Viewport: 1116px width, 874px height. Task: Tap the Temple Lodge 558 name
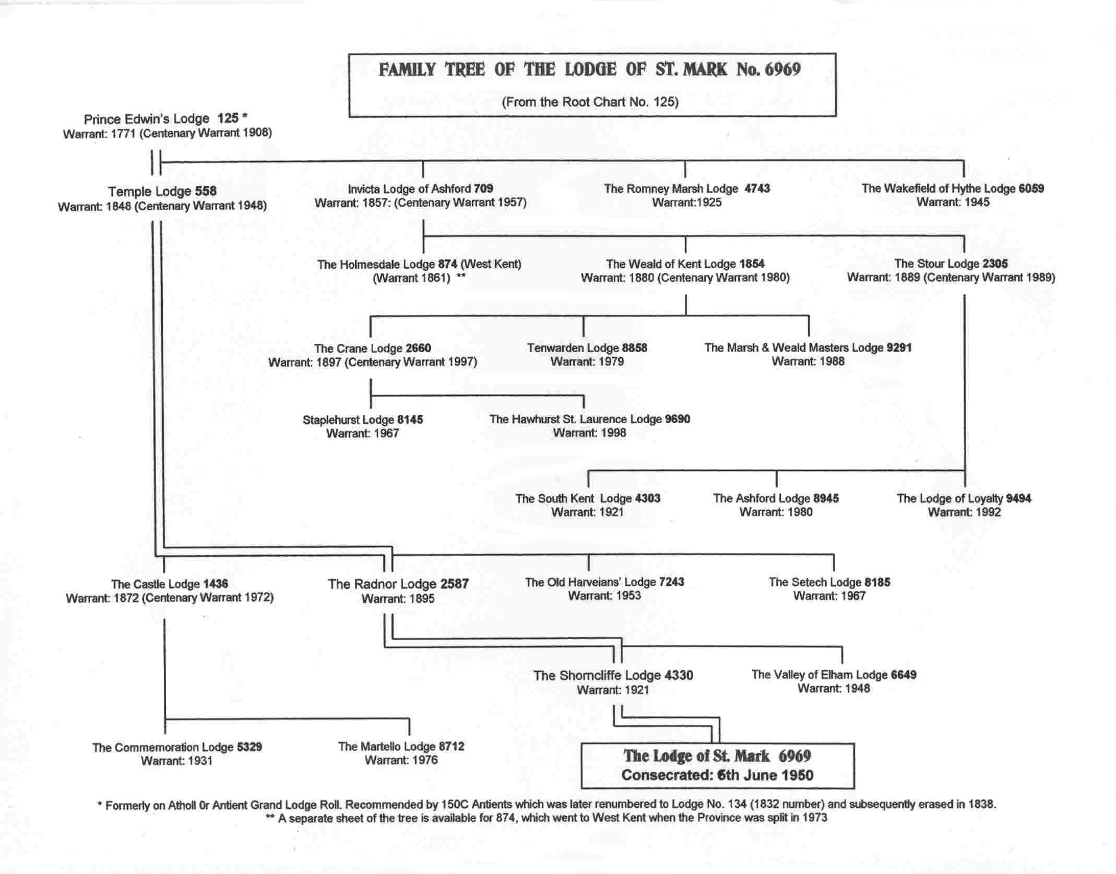pos(162,191)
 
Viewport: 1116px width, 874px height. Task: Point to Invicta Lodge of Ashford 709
pos(420,189)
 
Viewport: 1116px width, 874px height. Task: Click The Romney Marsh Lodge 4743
pos(687,189)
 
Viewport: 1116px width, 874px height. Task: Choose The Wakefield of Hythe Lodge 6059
pos(953,189)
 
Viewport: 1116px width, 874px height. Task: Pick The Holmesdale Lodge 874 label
pos(419,265)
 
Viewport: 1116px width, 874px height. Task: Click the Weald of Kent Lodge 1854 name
pos(685,264)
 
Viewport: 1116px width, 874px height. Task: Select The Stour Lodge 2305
pos(951,264)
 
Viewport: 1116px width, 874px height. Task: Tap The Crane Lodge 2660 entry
pos(372,349)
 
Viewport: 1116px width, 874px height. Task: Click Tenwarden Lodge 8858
pos(587,348)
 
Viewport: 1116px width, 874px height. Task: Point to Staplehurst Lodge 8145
pos(363,420)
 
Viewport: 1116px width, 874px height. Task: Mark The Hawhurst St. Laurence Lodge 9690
pos(590,420)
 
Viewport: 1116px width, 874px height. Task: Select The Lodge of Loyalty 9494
pos(964,499)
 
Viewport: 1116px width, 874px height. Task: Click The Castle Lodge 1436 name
pos(170,584)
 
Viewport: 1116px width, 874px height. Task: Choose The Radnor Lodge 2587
pos(398,584)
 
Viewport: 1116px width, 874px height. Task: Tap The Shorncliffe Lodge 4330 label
pos(613,676)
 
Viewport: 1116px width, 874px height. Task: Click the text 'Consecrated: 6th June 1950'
pos(717,775)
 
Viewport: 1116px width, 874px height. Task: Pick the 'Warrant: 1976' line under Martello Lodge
pos(401,760)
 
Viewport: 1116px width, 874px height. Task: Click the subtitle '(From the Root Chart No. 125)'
pos(590,102)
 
